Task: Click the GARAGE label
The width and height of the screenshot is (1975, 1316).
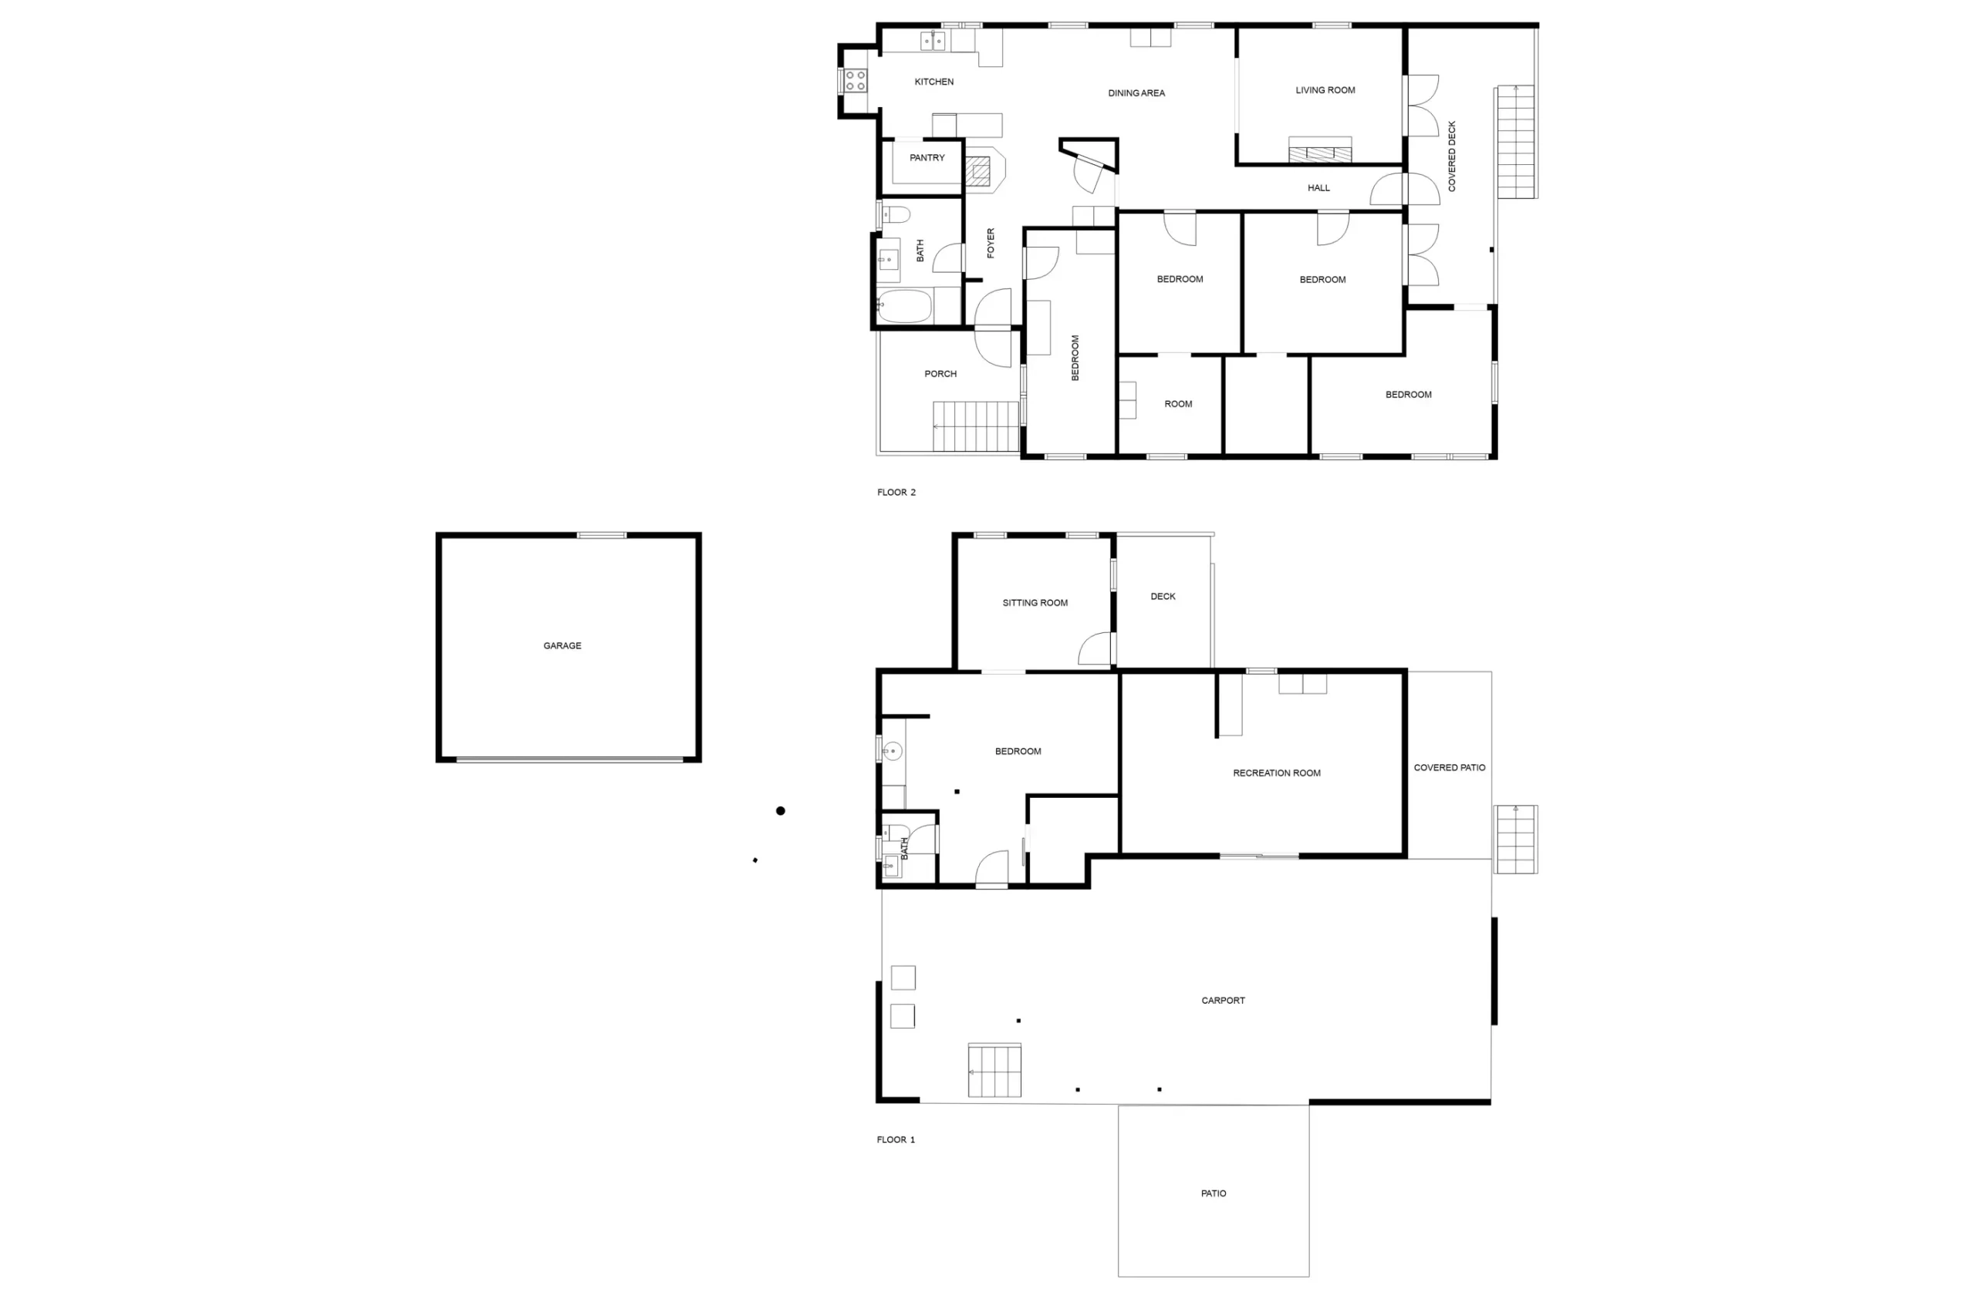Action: (x=562, y=645)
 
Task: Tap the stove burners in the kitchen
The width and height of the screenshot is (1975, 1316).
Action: (x=855, y=81)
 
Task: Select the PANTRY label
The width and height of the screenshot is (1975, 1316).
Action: (x=927, y=158)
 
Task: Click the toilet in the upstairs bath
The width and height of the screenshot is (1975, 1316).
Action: (x=895, y=215)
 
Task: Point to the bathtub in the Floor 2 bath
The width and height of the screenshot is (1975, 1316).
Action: (x=904, y=306)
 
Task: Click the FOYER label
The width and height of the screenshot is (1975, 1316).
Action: (x=991, y=244)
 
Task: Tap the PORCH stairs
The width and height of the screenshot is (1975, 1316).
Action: (x=976, y=426)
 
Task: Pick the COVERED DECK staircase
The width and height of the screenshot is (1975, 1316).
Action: (x=1516, y=142)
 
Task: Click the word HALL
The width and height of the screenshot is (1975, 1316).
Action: (x=1318, y=188)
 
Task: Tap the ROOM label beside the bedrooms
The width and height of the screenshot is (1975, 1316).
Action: (x=1178, y=405)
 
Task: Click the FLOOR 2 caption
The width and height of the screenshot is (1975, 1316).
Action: (x=896, y=493)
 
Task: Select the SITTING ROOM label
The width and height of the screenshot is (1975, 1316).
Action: (x=1035, y=604)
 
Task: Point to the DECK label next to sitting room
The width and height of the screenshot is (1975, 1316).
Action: (x=1163, y=597)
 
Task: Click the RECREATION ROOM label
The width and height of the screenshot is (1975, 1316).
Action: (x=1276, y=774)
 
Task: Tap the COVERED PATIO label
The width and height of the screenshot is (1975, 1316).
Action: (x=1450, y=768)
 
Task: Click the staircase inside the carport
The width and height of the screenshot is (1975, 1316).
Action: (x=994, y=1070)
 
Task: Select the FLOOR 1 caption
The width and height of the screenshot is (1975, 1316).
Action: (x=896, y=1139)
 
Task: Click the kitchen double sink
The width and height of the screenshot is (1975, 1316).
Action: (x=933, y=40)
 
